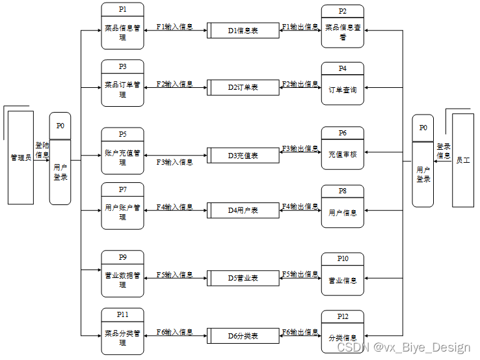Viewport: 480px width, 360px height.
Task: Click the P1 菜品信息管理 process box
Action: point(122,26)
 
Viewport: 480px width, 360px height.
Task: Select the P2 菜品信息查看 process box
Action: point(342,27)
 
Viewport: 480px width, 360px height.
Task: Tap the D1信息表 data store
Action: point(243,30)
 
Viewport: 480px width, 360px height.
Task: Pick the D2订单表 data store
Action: point(243,87)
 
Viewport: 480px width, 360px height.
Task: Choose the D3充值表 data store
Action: point(243,156)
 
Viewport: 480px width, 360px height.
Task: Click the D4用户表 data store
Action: point(243,210)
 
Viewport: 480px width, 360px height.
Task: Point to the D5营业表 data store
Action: point(243,278)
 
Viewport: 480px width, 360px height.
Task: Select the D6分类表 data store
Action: point(243,336)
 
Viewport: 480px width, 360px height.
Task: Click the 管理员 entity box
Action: point(21,158)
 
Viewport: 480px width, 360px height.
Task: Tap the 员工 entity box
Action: point(462,160)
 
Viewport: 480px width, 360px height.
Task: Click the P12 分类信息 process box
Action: point(342,332)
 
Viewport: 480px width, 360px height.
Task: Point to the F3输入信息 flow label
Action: point(174,162)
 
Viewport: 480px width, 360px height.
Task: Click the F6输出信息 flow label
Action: point(300,332)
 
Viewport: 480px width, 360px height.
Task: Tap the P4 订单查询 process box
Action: point(342,84)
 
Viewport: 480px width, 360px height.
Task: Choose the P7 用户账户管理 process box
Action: point(122,206)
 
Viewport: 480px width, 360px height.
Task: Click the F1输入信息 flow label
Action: point(174,27)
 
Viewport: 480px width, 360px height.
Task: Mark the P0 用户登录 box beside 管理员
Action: point(60,159)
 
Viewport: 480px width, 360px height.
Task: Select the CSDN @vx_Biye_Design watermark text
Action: point(403,348)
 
